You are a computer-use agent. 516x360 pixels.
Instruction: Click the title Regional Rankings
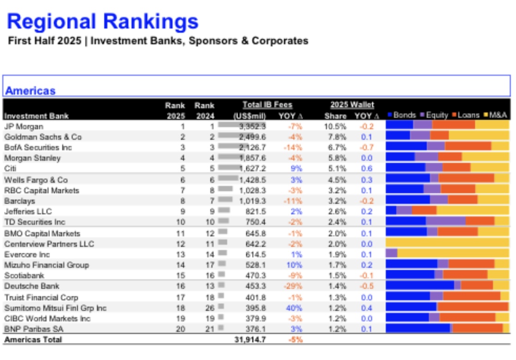pos(103,21)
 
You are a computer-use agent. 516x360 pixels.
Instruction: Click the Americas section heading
pos(30,90)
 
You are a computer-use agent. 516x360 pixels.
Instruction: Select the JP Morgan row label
pos(24,126)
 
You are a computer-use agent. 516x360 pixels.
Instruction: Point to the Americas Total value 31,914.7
pos(250,339)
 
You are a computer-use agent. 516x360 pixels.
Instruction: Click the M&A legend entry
pos(498,115)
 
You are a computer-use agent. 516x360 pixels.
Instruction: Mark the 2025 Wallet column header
pos(352,105)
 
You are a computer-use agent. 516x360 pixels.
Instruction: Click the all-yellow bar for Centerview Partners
pos(447,243)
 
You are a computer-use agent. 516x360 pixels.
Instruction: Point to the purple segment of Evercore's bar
pos(391,253)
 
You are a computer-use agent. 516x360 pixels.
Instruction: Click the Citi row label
pos(10,168)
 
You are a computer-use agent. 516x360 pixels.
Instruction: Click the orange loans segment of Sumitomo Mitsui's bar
pos(473,307)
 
